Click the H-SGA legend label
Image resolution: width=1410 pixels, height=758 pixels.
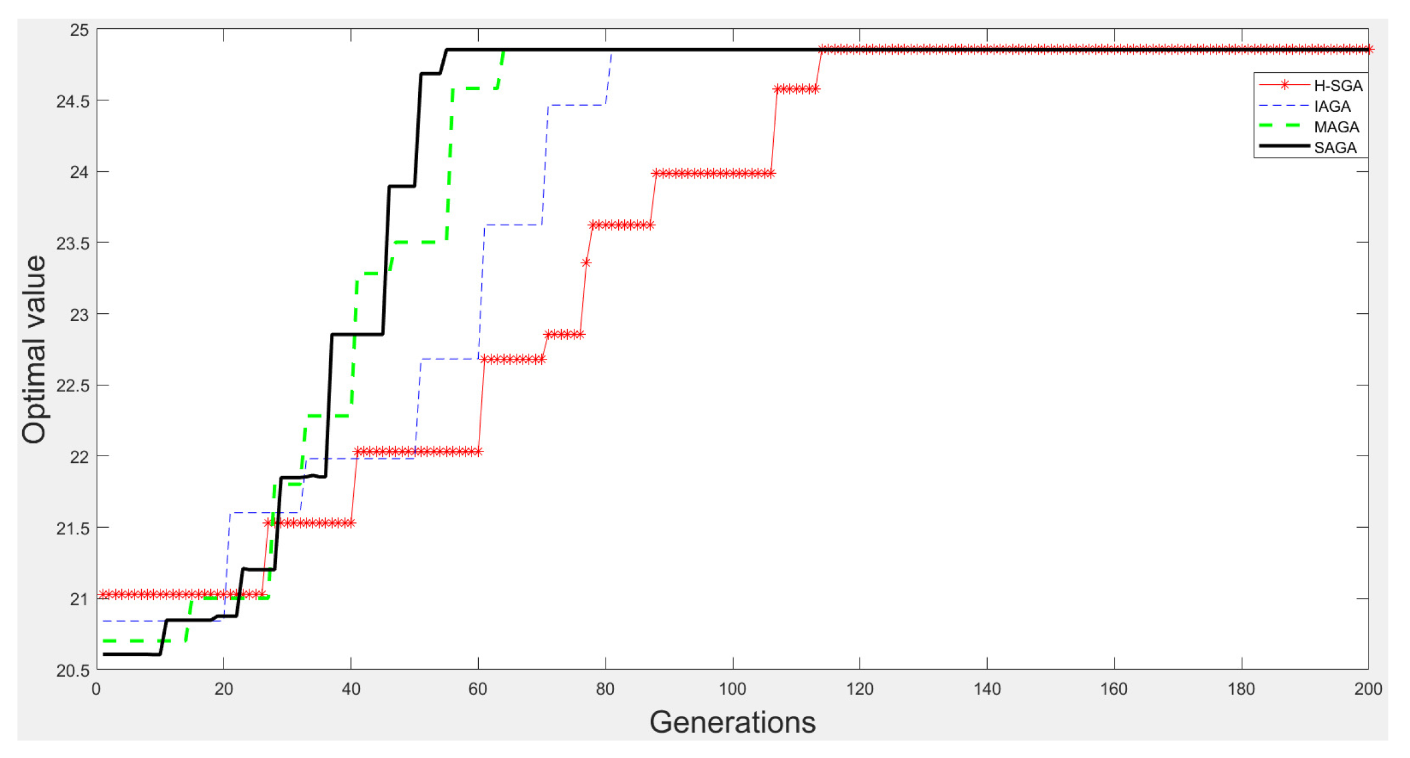tap(1337, 85)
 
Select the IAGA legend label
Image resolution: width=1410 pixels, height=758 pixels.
tap(1331, 106)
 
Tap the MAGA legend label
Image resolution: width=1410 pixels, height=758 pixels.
tap(1336, 127)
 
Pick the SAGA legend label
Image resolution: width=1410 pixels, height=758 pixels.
tap(1334, 148)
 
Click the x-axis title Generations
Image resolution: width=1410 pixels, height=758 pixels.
tap(732, 722)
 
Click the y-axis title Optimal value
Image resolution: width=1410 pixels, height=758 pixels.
tap(34, 349)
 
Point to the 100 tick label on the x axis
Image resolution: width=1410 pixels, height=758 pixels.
tap(732, 689)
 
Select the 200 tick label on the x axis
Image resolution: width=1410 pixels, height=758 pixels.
tap(1367, 689)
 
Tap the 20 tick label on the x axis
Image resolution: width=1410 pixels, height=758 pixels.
tap(223, 689)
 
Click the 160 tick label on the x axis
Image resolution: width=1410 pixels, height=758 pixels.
tap(1113, 689)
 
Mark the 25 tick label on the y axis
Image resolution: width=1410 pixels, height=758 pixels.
tap(79, 30)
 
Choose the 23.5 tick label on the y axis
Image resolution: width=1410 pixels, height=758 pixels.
tap(73, 243)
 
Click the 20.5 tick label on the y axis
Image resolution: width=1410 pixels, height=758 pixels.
tap(73, 671)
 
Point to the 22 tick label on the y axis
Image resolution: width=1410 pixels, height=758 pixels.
tap(79, 457)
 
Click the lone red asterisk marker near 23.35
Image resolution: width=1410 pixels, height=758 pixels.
tap(586, 263)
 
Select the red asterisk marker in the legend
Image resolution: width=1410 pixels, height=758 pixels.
tap(1284, 85)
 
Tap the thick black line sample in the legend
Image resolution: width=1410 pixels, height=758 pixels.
tap(1284, 146)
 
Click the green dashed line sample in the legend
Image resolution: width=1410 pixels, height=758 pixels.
tap(1284, 126)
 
